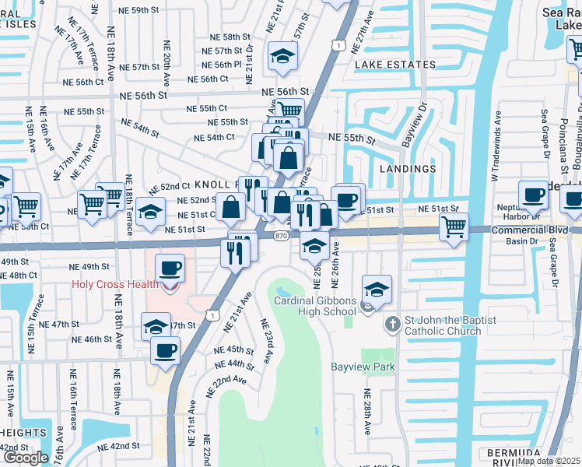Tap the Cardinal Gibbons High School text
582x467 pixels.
pos(317,306)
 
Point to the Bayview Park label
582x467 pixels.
pos(363,367)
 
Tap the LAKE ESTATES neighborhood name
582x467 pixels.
pos(394,65)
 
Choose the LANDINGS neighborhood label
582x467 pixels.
pos(408,169)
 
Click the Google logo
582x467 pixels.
pos(26,458)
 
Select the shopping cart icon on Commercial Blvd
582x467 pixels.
pos(454,226)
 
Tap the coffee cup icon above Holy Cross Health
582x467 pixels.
pos(170,269)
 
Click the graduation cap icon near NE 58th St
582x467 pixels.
pos(282,55)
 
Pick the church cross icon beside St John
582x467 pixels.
pos(392,323)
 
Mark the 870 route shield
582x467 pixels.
pos(281,235)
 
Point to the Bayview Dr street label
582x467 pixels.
pos(415,124)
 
